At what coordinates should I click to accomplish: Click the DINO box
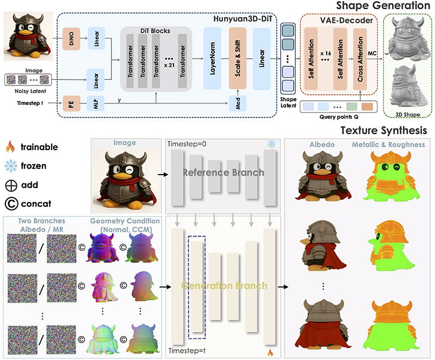[x=71, y=39]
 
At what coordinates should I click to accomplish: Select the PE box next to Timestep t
[x=71, y=104]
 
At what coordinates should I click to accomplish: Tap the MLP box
[x=96, y=104]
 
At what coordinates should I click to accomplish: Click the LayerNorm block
[x=212, y=58]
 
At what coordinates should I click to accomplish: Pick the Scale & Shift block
[x=238, y=58]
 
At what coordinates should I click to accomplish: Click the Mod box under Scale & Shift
[x=238, y=104]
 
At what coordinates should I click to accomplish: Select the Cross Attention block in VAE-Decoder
[x=360, y=59]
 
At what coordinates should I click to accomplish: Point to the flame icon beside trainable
[x=10, y=146]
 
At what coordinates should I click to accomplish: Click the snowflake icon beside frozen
[x=11, y=166]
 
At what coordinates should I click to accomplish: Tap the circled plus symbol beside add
[x=11, y=185]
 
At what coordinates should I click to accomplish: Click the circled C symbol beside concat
[x=11, y=203]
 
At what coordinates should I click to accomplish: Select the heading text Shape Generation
[x=383, y=5]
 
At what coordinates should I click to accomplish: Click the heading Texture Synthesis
[x=384, y=131]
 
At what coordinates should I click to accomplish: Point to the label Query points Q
[x=339, y=117]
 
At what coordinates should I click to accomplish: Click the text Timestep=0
[x=187, y=144]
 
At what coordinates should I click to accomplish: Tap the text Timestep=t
[x=187, y=351]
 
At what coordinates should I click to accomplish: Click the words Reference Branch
[x=223, y=172]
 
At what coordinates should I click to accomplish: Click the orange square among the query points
[x=368, y=107]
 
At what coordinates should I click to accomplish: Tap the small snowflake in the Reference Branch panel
[x=271, y=144]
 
